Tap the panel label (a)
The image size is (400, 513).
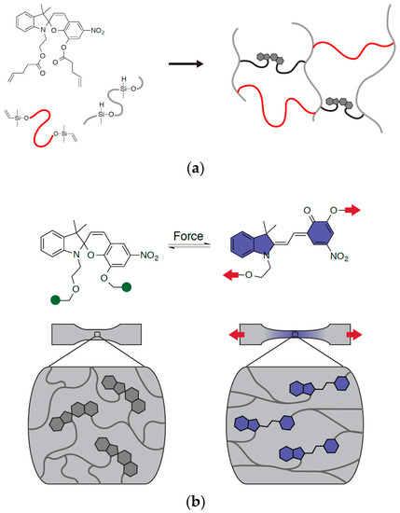click(x=200, y=169)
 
